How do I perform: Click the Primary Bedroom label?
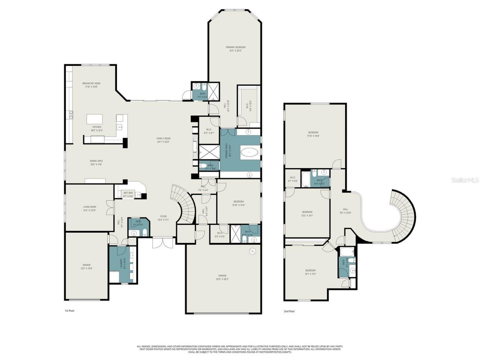pos(235,49)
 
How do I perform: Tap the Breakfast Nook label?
pos(91,85)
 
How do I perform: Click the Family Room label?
pos(163,140)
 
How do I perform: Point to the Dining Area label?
pos(96,162)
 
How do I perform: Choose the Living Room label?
pos(90,208)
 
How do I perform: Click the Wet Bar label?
pos(128,194)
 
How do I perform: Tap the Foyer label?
pos(163,218)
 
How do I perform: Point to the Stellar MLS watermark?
pos(465,180)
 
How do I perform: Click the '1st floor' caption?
pos(70,310)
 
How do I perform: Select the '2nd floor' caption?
pos(289,311)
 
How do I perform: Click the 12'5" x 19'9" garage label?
pos(87,266)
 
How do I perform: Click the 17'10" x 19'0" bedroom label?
pos(313,134)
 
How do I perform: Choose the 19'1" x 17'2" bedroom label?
pos(310,272)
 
